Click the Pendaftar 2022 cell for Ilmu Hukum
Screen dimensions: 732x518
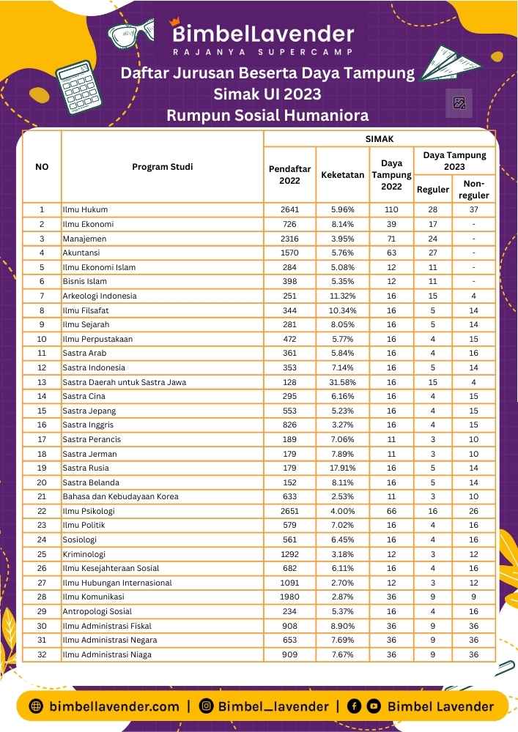289,210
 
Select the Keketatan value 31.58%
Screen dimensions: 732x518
342,382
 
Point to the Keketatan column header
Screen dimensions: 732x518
342,176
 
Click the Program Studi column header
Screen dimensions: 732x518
163,167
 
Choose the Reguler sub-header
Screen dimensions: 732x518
432,190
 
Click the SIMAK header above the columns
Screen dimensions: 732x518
380,138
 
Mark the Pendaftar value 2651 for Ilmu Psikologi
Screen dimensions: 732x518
289,511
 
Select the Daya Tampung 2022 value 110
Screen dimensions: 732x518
391,210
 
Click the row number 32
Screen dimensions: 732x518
42,654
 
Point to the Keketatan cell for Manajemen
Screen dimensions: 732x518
342,239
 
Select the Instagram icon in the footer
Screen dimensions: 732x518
207,706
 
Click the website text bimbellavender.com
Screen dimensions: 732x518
114,706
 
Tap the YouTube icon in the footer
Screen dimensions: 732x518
374,706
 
